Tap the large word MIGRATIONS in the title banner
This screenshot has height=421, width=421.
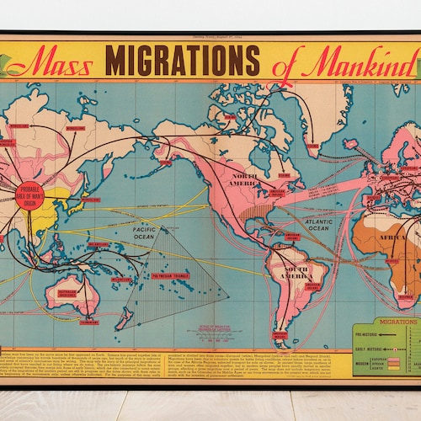pos(182,61)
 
